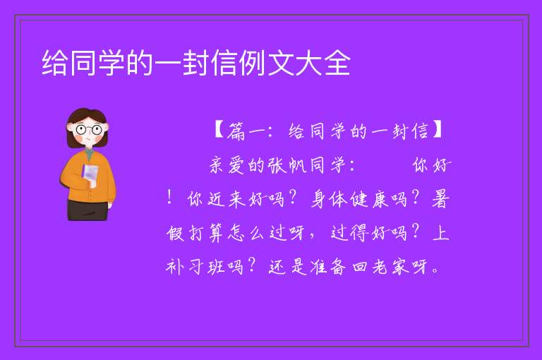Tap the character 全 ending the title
[x=337, y=63]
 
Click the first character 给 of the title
[x=54, y=63]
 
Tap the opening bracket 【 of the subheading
[x=220, y=130]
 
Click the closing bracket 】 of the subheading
[x=437, y=130]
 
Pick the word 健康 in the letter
[x=369, y=200]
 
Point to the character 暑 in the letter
[x=440, y=200]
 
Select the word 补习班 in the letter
[x=195, y=268]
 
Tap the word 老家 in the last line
[x=391, y=268]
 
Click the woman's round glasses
[x=88, y=130]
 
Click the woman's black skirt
[x=88, y=210]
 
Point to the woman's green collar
[x=89, y=155]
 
